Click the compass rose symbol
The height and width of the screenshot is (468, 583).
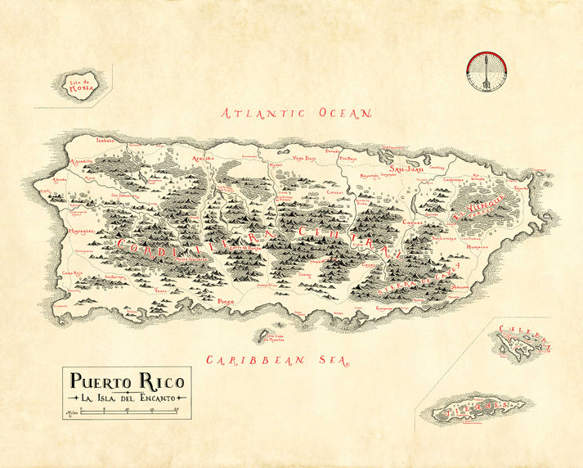(x=482, y=70)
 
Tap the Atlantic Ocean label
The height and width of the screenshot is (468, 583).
(x=298, y=114)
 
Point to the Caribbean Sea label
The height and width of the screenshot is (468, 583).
(x=277, y=359)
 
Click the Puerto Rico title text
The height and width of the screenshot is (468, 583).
(x=128, y=380)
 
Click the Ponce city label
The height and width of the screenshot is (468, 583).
(x=227, y=301)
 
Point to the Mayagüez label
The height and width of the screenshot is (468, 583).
(x=80, y=232)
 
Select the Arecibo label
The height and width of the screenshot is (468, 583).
(x=202, y=158)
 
